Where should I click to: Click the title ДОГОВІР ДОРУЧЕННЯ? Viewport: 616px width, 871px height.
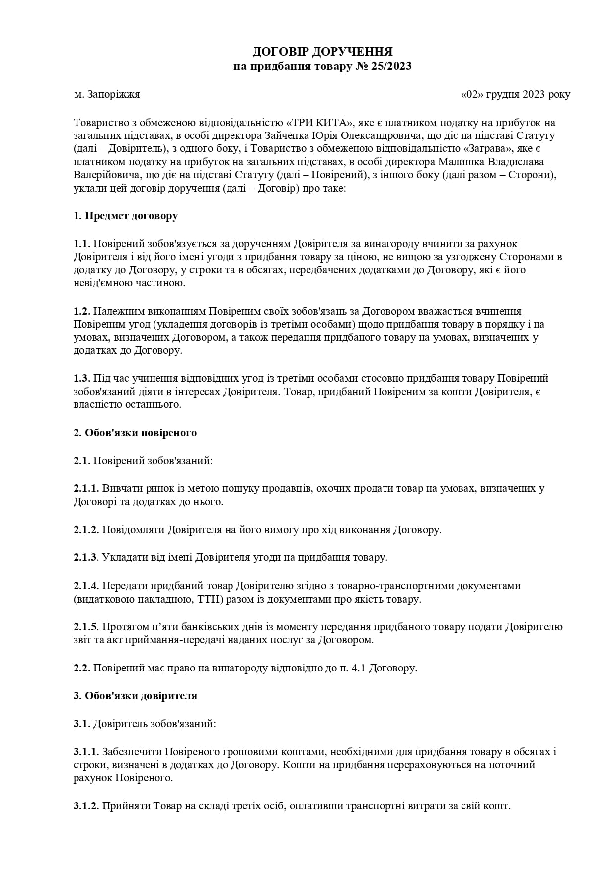coord(322,52)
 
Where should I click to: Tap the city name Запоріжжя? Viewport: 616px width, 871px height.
coord(114,94)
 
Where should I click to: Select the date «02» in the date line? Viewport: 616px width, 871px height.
coord(472,94)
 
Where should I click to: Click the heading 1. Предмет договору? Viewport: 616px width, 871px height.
coord(126,216)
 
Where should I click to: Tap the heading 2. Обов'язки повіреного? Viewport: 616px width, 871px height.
coord(135,433)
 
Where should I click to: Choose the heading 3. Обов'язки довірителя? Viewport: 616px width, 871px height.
coord(135,696)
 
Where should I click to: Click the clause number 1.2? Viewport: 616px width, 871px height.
coord(81,311)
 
